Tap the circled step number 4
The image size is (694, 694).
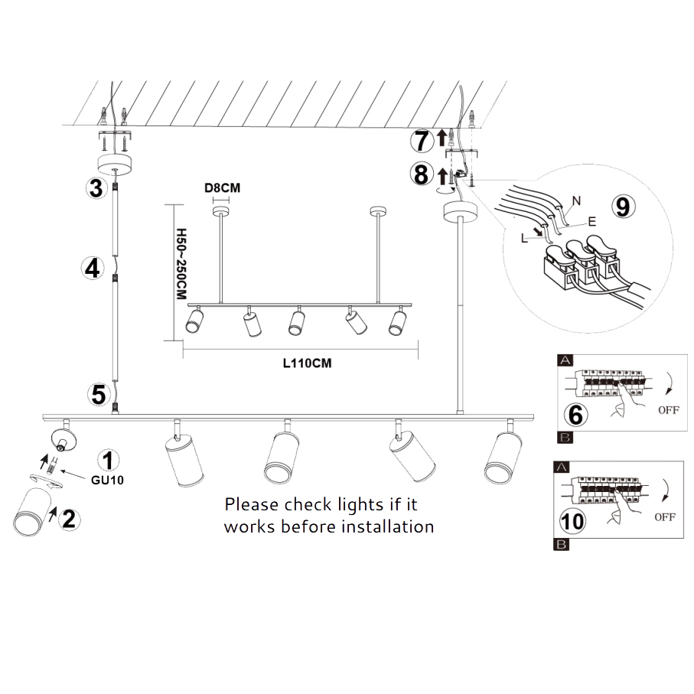[93, 269]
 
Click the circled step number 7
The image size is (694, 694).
[419, 140]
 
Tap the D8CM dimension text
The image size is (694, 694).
[219, 186]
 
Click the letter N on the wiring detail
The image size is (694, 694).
[576, 200]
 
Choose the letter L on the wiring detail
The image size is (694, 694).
[524, 239]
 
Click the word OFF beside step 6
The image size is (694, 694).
[668, 410]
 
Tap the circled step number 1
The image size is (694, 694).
[109, 460]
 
